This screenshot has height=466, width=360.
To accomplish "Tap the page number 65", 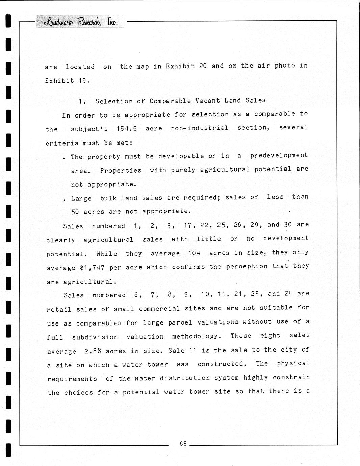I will coord(183,443).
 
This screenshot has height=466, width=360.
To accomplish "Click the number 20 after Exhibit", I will coord(203,66).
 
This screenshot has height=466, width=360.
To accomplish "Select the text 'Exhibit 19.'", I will coord(67,81).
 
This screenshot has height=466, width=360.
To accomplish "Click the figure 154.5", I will coord(126,129).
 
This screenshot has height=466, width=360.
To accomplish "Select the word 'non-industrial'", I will coord(199,128).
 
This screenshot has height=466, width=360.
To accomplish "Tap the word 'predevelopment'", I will coord(279,155).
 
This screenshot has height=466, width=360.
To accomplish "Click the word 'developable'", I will coord(181,156).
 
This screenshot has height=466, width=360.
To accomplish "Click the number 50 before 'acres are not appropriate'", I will coord(75,212).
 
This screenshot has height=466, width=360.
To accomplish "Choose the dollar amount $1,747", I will coord(92,268).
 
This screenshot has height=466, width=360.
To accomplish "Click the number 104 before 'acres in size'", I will coord(195,253).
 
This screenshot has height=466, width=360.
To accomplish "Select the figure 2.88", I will coord(93,351).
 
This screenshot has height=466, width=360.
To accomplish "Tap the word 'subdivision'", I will coord(95,337).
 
